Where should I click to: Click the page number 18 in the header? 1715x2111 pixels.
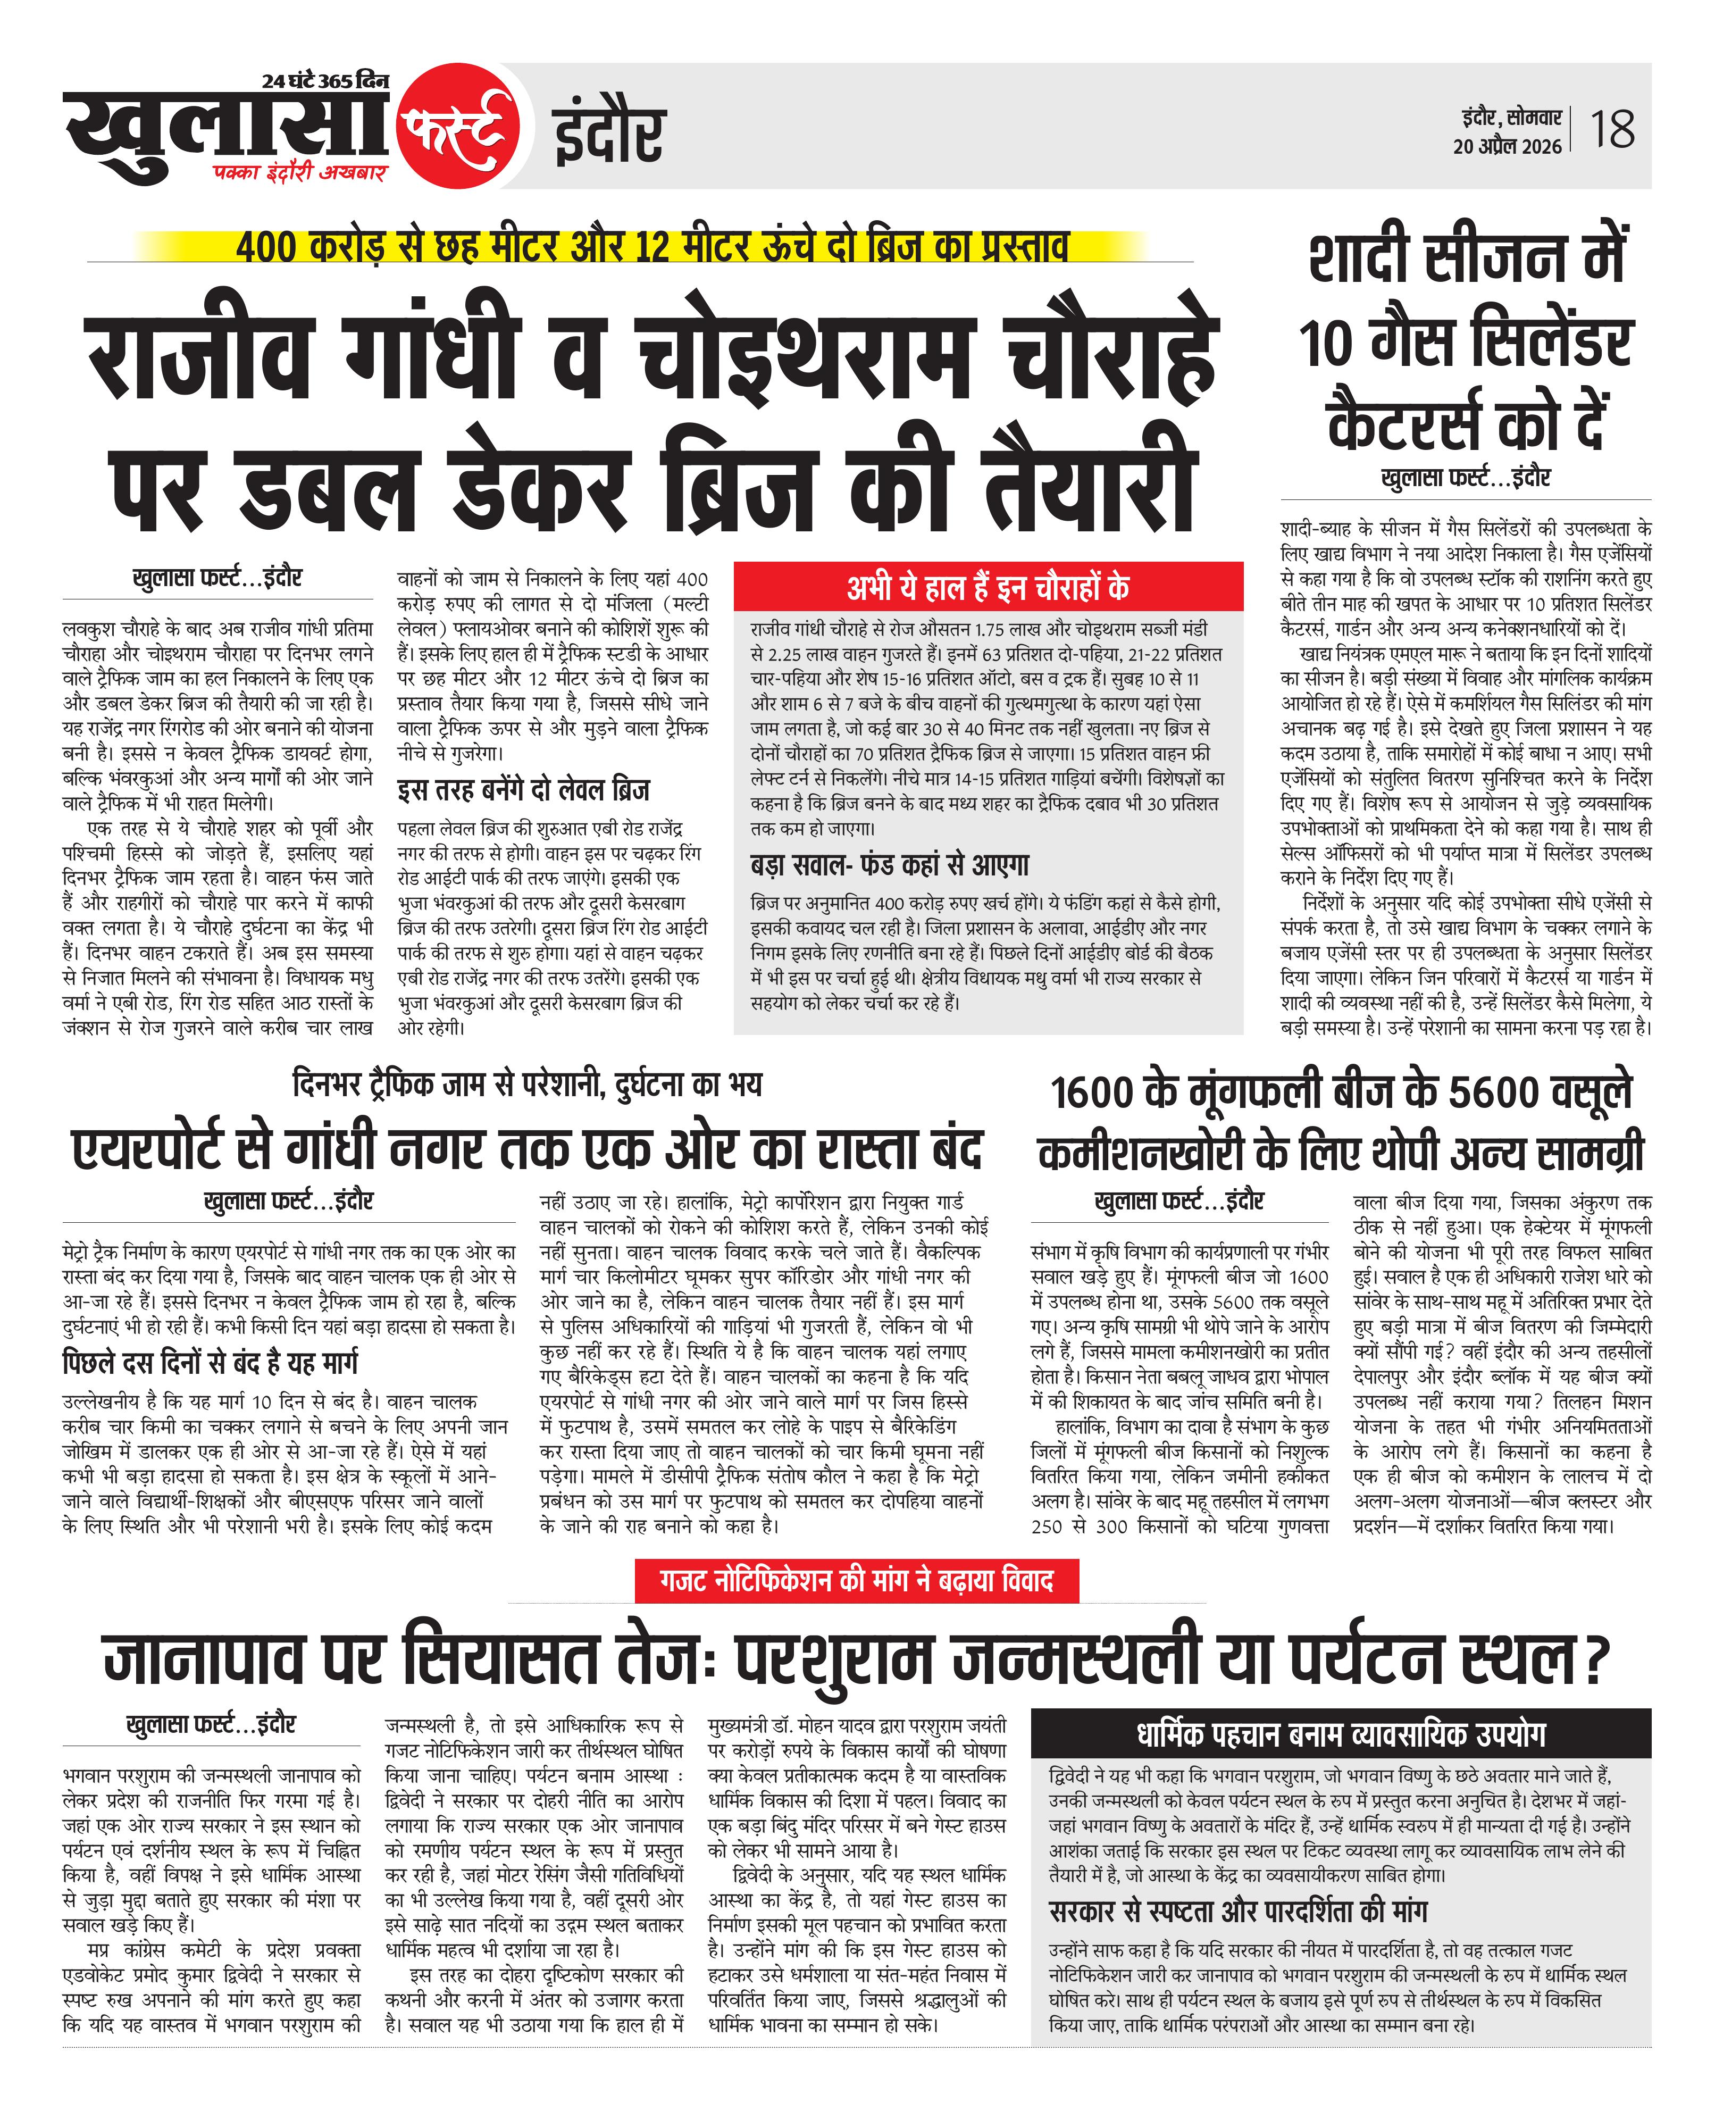tap(1612, 129)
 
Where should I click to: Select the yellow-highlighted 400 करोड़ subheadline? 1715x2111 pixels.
tap(652, 246)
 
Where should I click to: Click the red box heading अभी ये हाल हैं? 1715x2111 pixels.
tap(988, 587)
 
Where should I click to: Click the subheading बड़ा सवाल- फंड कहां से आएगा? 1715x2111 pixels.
tap(889, 865)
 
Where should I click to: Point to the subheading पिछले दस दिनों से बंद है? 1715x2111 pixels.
tap(210, 1362)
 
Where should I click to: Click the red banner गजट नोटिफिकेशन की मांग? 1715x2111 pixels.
tap(857, 1581)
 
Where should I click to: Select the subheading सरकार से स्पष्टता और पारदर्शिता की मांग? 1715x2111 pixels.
tap(1238, 1912)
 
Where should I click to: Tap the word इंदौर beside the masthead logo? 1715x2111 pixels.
tap(608, 135)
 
